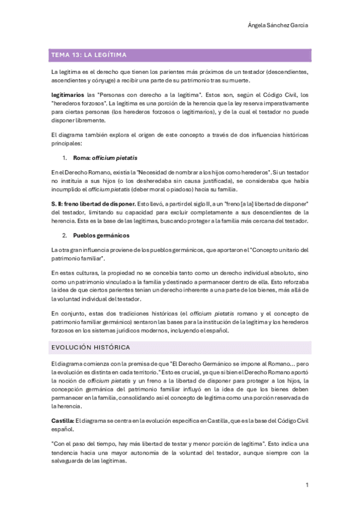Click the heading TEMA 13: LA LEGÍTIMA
coord(88,55)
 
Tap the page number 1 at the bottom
coord(307,484)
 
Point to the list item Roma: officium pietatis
coord(105,158)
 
